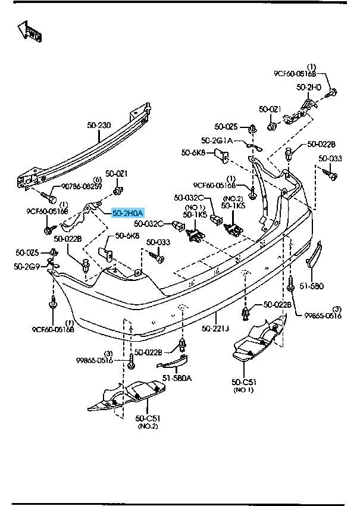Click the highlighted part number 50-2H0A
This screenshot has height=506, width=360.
[128, 211]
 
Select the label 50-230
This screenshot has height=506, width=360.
[99, 126]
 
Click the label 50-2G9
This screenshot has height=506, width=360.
[26, 266]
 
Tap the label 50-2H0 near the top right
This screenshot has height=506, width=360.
[309, 88]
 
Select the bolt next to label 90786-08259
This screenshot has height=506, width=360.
[49, 196]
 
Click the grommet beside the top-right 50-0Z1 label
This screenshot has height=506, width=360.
[272, 126]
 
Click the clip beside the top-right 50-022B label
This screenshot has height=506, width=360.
[289, 153]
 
